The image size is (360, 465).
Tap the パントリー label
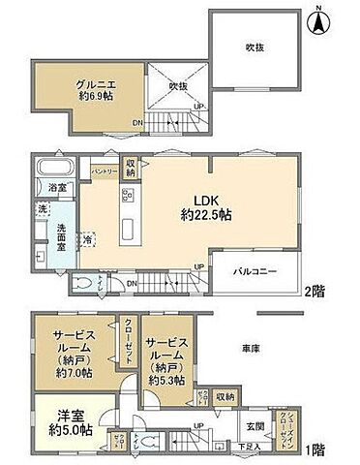pyautogui.click(x=105, y=170)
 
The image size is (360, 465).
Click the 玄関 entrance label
pyautogui.click(x=255, y=424)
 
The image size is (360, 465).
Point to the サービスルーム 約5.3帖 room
pyautogui.click(x=165, y=360)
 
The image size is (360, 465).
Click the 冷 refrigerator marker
pyautogui.click(x=89, y=238)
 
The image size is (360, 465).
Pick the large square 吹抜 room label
pyautogui.click(x=255, y=46)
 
